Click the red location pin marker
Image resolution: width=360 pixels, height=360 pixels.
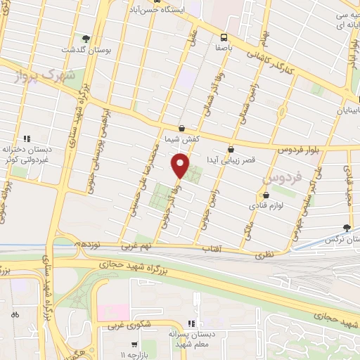click(x=181, y=167)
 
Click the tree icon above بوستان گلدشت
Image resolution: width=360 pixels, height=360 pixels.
click(x=86, y=38)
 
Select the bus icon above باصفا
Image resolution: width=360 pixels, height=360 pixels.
click(x=224, y=37)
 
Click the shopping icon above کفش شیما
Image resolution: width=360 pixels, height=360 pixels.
click(x=182, y=128)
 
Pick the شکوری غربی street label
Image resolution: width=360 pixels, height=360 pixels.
click(x=120, y=326)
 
